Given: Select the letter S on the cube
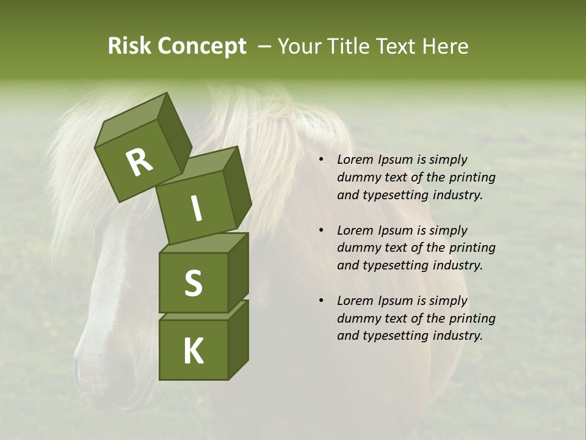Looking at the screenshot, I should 193,283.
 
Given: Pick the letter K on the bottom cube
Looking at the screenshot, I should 193,351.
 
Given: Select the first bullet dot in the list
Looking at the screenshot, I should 321,160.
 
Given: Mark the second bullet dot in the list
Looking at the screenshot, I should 321,231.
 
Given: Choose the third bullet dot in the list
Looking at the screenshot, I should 321,301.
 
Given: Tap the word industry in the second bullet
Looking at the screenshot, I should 458,265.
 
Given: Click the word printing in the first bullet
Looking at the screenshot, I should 472,177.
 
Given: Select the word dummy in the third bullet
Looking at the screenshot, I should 357,318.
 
